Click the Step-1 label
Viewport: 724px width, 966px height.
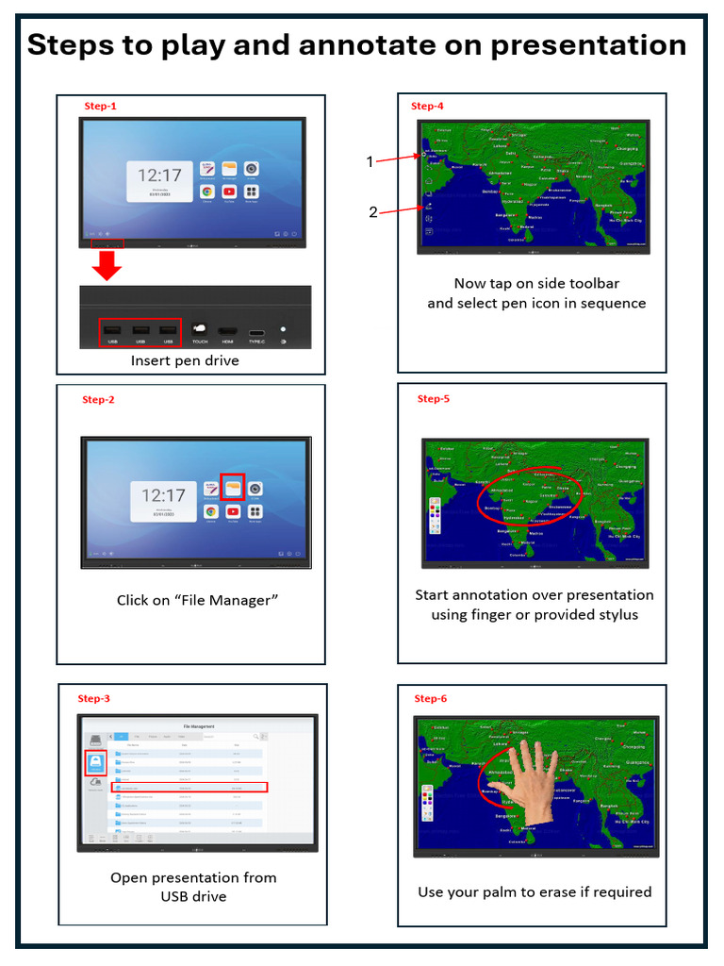coord(100,107)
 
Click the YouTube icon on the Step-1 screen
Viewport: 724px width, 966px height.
coord(229,192)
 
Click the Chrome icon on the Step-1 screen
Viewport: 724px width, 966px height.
coord(206,192)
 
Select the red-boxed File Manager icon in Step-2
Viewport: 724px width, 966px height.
coord(232,487)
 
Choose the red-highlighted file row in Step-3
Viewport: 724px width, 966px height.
coord(189,787)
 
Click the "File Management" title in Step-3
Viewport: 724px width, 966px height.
coord(198,726)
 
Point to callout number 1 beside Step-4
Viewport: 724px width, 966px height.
coord(370,162)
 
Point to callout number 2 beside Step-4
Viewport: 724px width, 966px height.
coord(373,212)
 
